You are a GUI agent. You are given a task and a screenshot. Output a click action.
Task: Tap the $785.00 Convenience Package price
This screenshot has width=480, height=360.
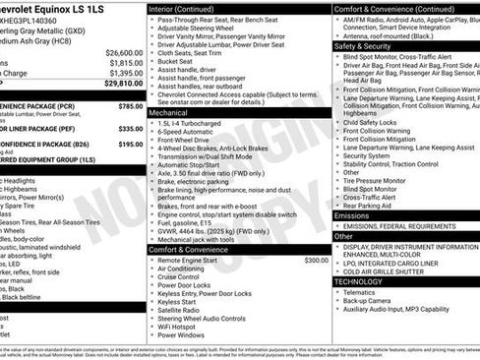pos(130,105)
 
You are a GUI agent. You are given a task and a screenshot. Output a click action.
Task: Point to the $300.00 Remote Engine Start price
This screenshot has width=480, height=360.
pos(317,260)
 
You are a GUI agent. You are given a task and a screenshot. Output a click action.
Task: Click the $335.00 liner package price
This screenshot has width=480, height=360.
pos(130,128)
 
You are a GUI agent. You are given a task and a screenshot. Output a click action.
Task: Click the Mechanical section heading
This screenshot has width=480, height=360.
pos(169,112)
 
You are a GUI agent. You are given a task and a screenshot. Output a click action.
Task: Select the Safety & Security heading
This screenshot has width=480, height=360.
pos(363,45)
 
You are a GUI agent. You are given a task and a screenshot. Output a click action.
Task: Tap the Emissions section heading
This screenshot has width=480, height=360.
pos(352,214)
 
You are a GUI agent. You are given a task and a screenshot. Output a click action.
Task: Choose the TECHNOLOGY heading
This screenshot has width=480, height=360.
pos(358,280)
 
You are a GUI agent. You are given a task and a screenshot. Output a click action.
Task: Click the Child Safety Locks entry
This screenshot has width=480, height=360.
pos(369,121)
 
